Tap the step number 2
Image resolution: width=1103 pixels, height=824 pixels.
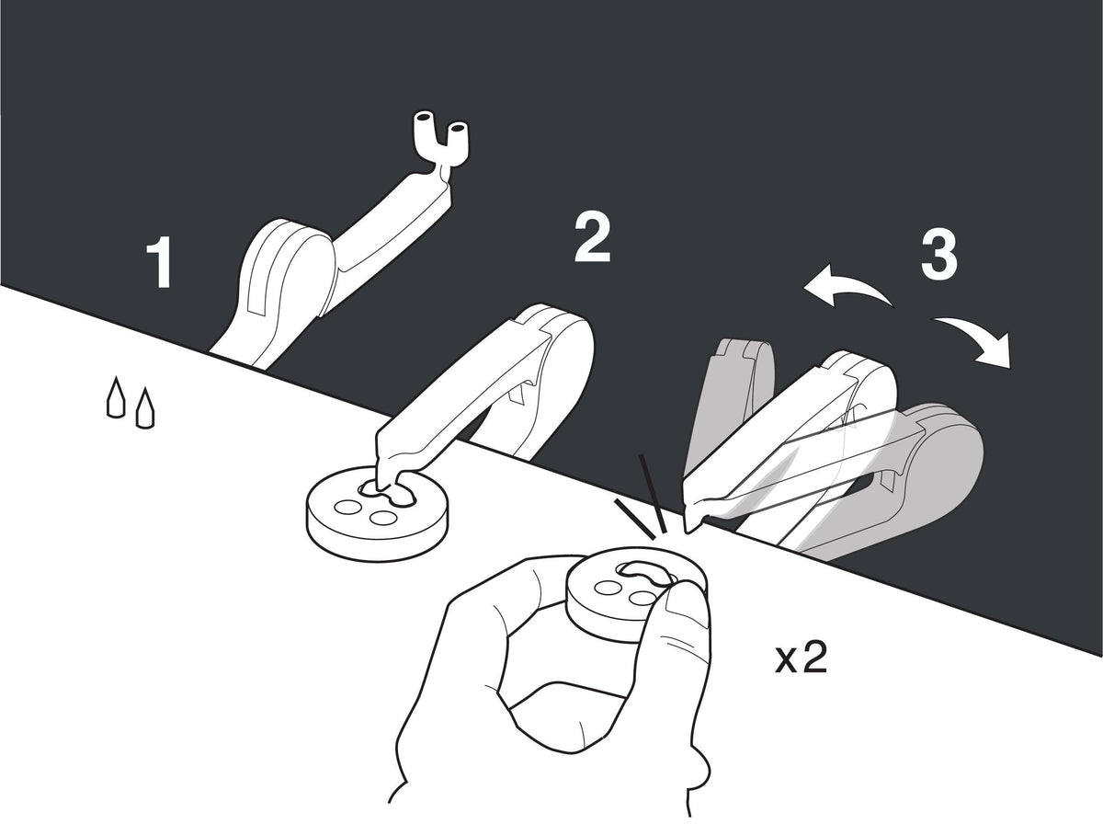pos(593,236)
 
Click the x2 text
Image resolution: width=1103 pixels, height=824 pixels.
pos(801,658)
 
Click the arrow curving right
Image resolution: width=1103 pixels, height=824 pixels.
pos(975,339)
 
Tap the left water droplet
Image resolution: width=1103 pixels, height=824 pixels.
pos(116,396)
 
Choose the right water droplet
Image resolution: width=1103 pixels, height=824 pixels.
pos(144,407)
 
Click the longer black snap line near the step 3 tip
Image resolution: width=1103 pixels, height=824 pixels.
pos(653,493)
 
